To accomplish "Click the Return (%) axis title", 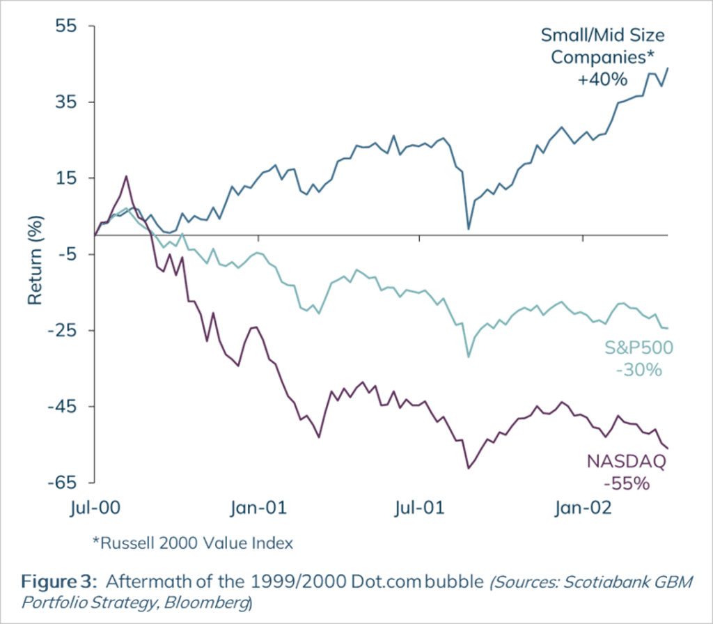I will pos(36,260).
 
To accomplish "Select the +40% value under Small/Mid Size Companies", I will pos(603,79).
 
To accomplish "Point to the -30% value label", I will pos(638,369).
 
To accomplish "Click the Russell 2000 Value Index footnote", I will pos(192,543).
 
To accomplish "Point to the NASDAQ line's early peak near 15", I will pos(126,176).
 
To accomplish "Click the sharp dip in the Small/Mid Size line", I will pos(469,228).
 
